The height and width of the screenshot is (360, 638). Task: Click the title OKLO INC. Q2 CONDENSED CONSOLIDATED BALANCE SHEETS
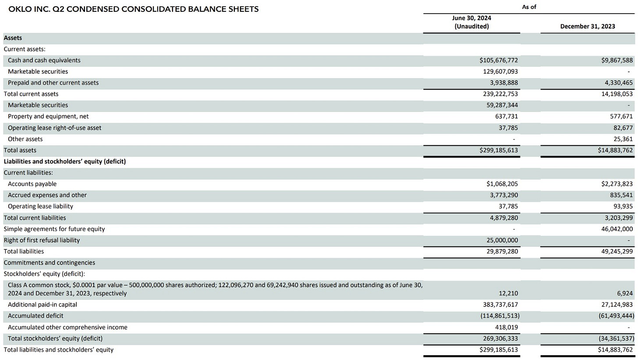point(133,9)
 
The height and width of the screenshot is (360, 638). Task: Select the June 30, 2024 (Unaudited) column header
point(471,22)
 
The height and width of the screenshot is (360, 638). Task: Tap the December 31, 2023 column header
point(587,26)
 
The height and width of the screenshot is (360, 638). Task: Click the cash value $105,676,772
point(499,60)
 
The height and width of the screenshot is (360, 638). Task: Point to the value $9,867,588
point(617,60)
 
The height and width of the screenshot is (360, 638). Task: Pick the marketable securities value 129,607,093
point(500,71)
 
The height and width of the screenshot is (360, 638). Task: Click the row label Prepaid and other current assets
point(53,82)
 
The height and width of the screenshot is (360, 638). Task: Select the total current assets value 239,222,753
point(500,94)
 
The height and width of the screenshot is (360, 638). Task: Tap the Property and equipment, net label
point(48,116)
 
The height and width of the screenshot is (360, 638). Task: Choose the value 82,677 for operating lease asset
point(623,128)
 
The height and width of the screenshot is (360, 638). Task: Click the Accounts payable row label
point(32,184)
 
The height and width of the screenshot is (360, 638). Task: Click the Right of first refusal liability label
point(42,240)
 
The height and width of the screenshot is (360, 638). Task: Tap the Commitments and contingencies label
point(49,263)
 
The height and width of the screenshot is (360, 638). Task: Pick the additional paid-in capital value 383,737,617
point(500,304)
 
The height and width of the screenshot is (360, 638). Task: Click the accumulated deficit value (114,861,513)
point(500,316)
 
